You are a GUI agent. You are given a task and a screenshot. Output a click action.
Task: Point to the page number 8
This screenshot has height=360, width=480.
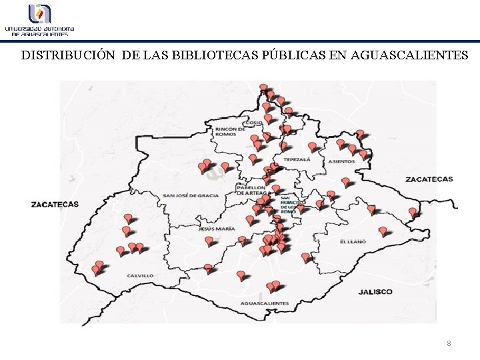(449, 343)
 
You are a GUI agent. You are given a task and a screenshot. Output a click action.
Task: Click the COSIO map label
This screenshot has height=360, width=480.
(254, 123)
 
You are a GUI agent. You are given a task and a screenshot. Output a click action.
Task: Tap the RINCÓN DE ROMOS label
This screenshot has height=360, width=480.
(230, 131)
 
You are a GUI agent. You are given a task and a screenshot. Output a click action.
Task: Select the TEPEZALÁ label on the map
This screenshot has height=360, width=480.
(296, 161)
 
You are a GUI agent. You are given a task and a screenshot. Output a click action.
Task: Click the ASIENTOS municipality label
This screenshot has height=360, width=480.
(342, 161)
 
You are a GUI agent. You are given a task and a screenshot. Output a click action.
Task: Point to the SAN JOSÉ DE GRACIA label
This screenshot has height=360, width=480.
(191, 195)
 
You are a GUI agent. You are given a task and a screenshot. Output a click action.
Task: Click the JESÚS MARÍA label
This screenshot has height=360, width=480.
(217, 229)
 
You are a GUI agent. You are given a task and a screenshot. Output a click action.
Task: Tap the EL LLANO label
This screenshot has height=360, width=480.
(353, 241)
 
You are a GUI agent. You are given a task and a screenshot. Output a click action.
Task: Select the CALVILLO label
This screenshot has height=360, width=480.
(141, 275)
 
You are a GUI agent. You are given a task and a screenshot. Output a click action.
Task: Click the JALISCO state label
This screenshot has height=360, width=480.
(375, 291)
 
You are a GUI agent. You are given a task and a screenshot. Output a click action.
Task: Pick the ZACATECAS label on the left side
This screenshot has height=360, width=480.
(55, 204)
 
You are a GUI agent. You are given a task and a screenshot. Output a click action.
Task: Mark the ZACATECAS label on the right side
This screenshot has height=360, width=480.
(429, 179)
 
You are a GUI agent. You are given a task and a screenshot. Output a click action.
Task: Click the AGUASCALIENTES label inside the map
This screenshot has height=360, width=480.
(265, 303)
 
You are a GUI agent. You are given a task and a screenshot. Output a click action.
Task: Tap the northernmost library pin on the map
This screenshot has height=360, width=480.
(263, 88)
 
